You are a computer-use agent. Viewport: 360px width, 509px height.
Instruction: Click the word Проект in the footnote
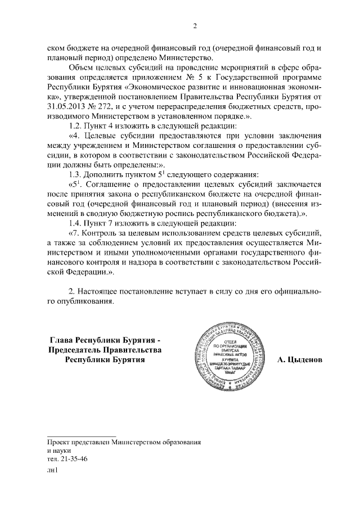(59, 442)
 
